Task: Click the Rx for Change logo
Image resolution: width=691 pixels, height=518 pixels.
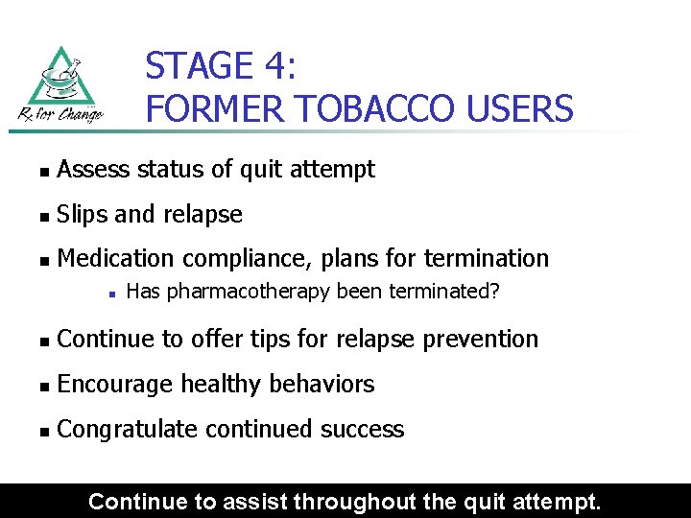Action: [60, 85]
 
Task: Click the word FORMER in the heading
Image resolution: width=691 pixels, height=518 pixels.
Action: [199, 109]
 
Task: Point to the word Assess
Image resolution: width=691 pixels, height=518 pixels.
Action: [93, 170]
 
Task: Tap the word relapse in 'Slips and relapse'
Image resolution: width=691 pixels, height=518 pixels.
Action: [203, 215]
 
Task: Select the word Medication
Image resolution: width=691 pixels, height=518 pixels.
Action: [116, 259]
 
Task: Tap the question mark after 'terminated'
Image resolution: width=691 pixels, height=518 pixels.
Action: [495, 292]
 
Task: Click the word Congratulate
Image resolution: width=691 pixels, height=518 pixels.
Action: [127, 429]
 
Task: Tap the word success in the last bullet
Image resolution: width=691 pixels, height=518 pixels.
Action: [363, 429]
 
